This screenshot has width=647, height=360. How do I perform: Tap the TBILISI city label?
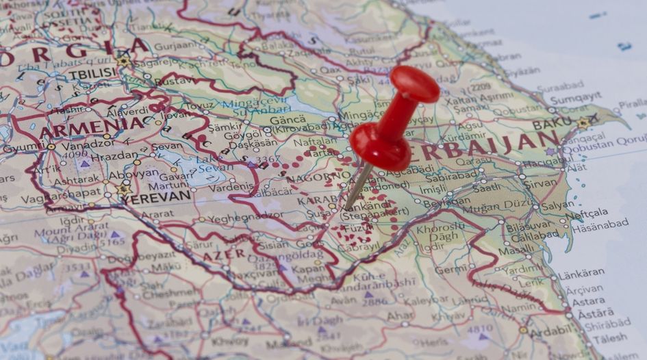click(92, 73)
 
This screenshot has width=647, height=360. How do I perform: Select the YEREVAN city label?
click(158, 196)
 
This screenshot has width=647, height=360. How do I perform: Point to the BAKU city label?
click(551, 124)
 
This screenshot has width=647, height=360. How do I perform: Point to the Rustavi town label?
click(174, 81)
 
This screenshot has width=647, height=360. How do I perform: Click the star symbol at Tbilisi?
click(124, 61)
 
